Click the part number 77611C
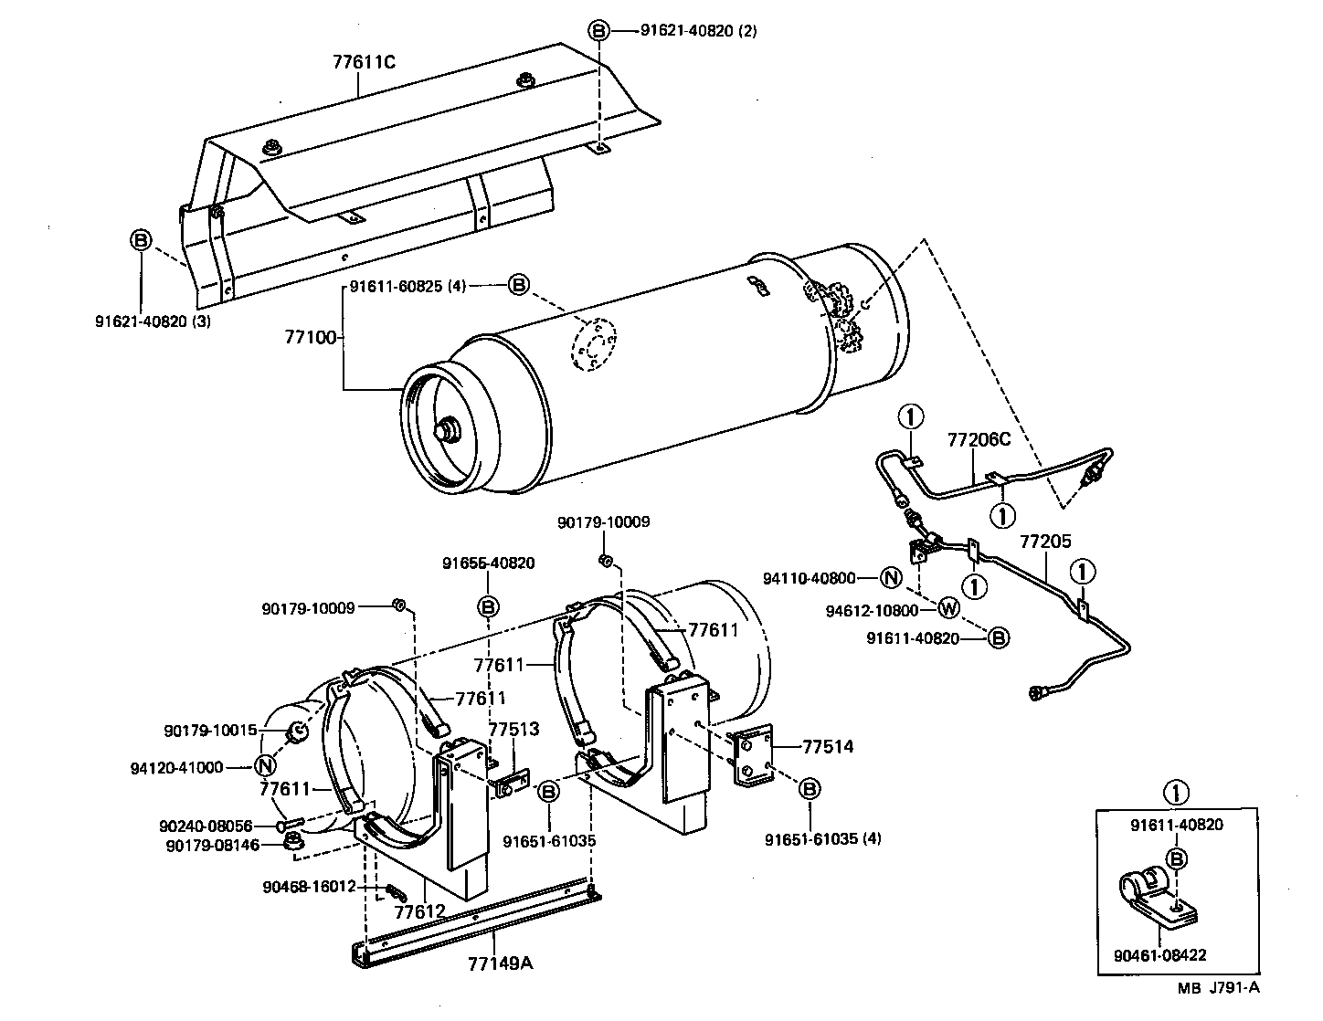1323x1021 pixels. (x=363, y=63)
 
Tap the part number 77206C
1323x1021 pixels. (x=979, y=440)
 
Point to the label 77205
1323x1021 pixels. (x=1045, y=542)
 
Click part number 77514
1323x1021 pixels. (x=828, y=747)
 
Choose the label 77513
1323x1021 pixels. (x=513, y=730)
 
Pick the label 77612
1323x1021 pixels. (x=419, y=911)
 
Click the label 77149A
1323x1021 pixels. (x=500, y=963)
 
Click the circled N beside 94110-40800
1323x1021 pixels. (x=891, y=577)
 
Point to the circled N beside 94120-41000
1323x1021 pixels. (x=264, y=767)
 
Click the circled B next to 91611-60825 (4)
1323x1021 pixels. (x=518, y=286)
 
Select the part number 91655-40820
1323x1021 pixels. (x=489, y=563)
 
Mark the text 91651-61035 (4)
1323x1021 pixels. (x=822, y=838)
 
